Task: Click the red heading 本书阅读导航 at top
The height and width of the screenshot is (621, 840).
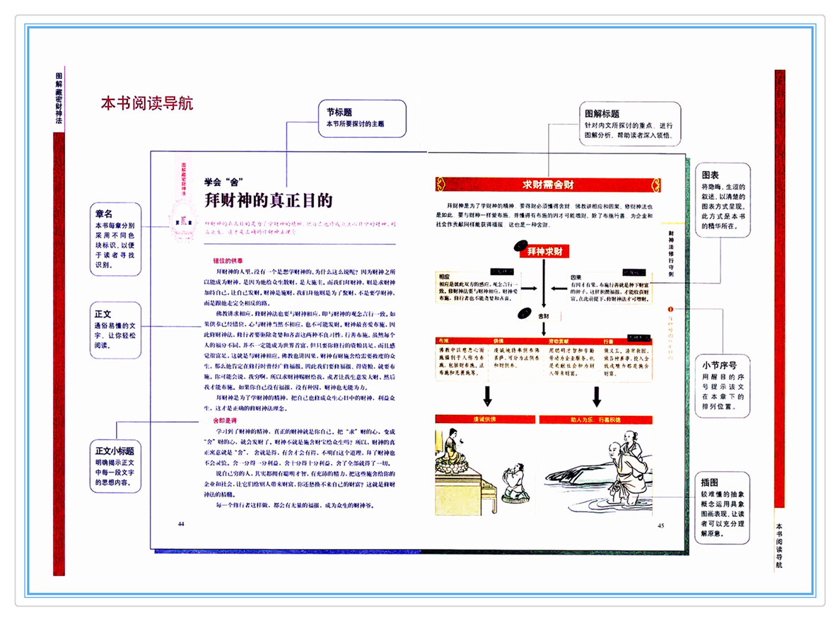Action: (147, 103)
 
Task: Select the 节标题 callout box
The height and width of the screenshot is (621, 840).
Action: (362, 118)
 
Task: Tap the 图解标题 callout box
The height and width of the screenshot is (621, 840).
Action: (629, 124)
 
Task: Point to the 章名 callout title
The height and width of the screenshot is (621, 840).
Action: (104, 213)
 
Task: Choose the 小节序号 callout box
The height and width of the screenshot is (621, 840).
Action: (721, 385)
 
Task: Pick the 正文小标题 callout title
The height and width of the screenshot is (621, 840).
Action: (115, 450)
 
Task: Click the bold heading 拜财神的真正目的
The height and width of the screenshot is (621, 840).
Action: (268, 201)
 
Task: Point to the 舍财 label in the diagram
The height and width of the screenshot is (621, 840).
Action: (544, 315)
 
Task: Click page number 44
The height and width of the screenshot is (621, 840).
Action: (181, 523)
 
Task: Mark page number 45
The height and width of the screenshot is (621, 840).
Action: (661, 525)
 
